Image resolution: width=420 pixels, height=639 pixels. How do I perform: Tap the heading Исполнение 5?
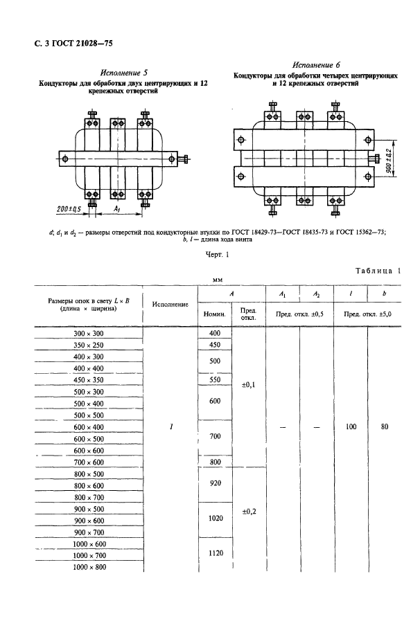(122, 72)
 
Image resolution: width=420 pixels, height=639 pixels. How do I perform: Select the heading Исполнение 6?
(316, 63)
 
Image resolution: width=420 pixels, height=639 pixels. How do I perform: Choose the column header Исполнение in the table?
(170, 304)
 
